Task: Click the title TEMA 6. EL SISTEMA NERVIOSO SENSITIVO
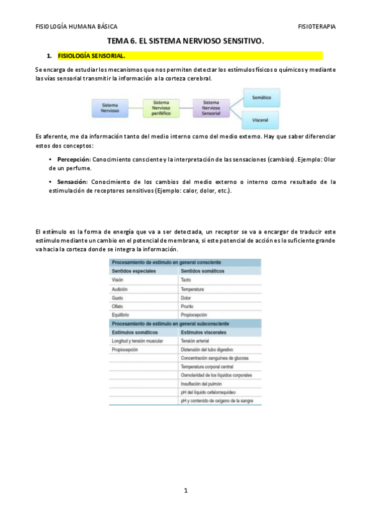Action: click(x=185, y=41)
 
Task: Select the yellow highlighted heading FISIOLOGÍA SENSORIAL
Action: click(x=90, y=56)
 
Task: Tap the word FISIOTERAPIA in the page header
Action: click(x=316, y=27)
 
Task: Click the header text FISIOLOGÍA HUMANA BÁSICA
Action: click(x=76, y=27)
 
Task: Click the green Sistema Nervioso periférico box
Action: click(x=160, y=108)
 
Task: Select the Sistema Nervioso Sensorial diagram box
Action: click(x=211, y=108)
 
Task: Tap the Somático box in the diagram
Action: click(x=260, y=97)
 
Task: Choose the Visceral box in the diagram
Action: click(x=260, y=118)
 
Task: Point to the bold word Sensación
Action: click(x=72, y=182)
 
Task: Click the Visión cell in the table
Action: click(x=118, y=280)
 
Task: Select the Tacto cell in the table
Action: click(x=186, y=280)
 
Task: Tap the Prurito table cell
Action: click(x=188, y=306)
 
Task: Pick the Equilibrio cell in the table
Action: click(x=121, y=315)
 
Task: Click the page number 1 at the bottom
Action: click(x=185, y=490)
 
